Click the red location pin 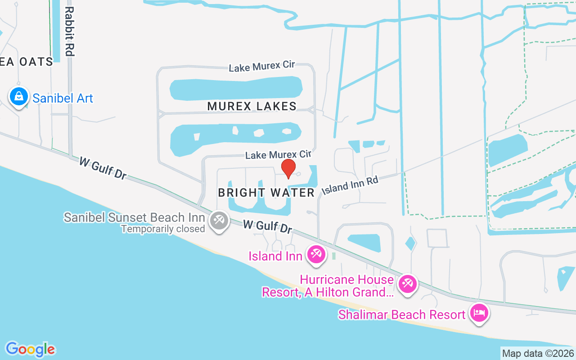(x=288, y=169)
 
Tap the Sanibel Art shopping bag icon (x=19, y=96)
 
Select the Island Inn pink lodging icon (x=316, y=254)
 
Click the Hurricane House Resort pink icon (x=408, y=283)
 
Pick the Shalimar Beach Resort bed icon (x=479, y=313)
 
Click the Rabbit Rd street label (x=68, y=31)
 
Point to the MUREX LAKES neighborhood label (x=252, y=106)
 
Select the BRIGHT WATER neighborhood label (x=266, y=193)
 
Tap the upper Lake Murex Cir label (x=262, y=67)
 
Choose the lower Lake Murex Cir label (x=278, y=155)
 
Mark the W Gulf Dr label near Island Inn (x=267, y=226)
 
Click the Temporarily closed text (x=163, y=229)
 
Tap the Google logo (x=31, y=349)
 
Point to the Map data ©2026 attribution (x=538, y=353)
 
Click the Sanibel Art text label (x=63, y=98)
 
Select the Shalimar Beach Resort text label (x=402, y=314)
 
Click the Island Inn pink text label (x=275, y=256)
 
